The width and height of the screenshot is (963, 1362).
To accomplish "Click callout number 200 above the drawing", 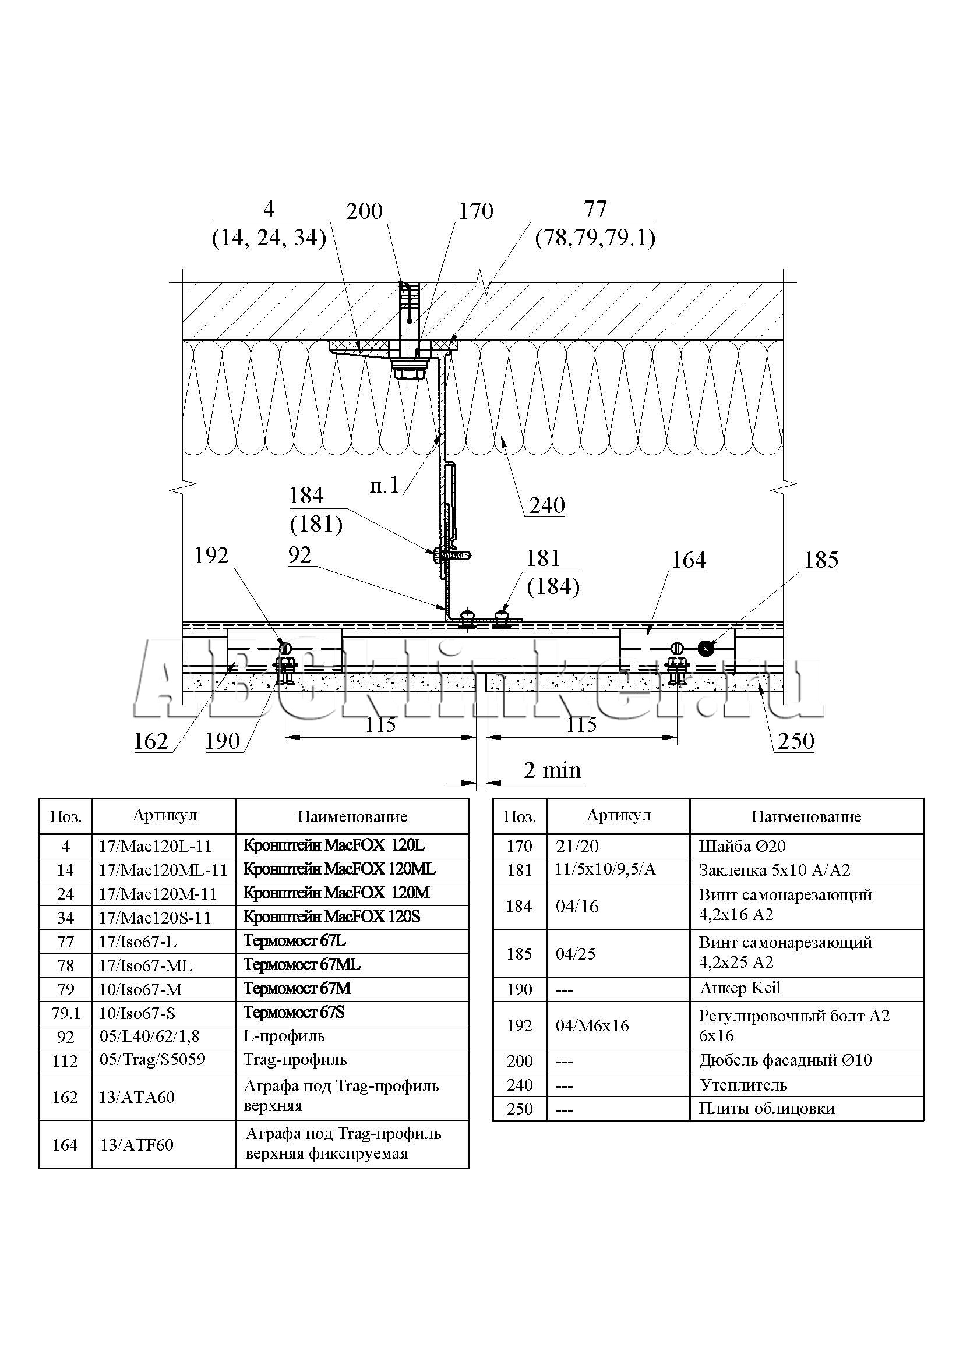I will click(x=364, y=211).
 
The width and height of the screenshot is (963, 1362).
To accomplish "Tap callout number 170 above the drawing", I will click(x=475, y=211).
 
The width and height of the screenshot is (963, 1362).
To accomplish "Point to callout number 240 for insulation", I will click(x=546, y=505).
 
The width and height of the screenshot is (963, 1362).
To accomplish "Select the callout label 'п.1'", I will click(x=385, y=486).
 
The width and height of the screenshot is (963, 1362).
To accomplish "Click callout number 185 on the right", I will click(x=821, y=560).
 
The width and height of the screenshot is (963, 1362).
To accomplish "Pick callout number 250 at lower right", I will click(x=796, y=741).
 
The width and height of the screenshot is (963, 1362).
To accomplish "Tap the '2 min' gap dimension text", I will click(x=552, y=770).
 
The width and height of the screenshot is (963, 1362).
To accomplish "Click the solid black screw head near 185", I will click(x=705, y=648).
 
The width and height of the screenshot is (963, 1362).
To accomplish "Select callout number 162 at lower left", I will click(x=151, y=741).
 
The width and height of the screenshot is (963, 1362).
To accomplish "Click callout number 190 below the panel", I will click(x=222, y=741).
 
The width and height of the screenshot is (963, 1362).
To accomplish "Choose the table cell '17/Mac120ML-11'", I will click(x=163, y=869).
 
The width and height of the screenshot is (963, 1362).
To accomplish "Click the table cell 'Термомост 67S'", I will click(x=294, y=1013).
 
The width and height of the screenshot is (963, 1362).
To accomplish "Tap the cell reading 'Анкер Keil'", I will click(x=740, y=988).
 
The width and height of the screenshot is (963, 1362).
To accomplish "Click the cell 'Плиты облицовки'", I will click(x=766, y=1108).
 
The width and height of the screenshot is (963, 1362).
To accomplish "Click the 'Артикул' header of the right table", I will click(x=618, y=816).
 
